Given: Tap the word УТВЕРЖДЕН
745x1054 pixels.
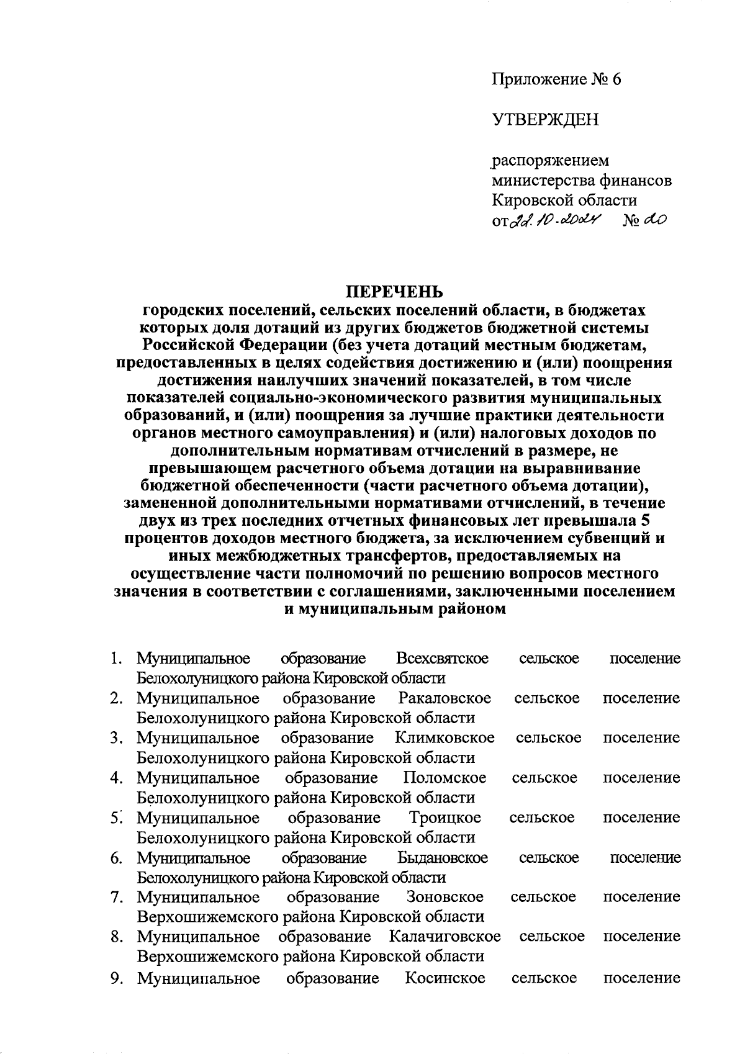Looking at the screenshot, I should tap(546, 119).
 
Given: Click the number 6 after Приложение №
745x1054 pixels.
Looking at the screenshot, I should tap(616, 79).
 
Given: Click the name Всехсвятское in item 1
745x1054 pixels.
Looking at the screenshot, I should tap(442, 659).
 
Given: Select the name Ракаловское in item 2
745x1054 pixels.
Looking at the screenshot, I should tap(445, 698).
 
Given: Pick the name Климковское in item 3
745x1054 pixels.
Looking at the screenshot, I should tap(445, 738).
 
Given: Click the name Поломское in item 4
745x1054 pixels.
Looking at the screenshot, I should tap(445, 778).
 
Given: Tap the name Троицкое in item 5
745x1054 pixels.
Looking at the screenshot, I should tap(445, 818).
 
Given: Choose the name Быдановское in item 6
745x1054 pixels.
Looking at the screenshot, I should tap(443, 858).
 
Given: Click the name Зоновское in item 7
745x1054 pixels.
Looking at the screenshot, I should tap(445, 897).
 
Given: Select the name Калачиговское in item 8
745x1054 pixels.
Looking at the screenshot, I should tap(445, 937).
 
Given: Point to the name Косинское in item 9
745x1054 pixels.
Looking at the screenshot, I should tap(445, 979).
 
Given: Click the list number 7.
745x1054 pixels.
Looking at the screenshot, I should tap(116, 897).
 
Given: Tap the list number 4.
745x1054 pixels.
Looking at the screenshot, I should tap(116, 778).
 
